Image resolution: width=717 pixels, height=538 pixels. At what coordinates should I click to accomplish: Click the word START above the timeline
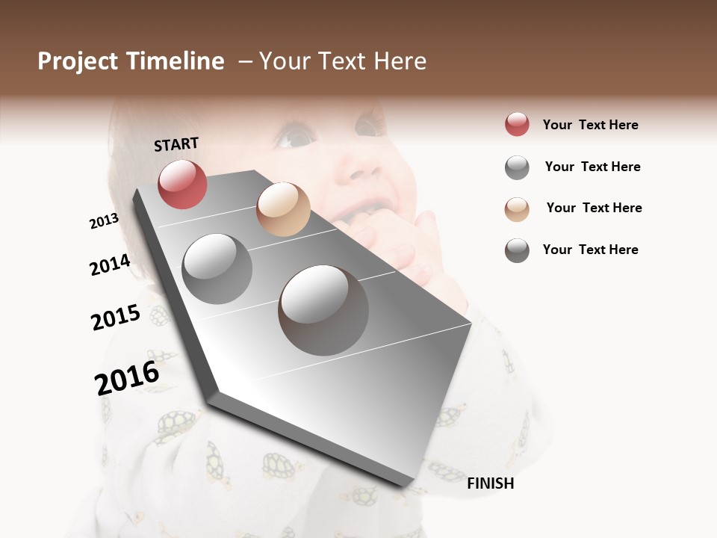tap(176, 144)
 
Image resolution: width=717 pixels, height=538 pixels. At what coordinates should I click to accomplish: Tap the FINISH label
tap(491, 483)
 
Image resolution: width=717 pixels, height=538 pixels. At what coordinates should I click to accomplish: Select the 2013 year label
tap(104, 221)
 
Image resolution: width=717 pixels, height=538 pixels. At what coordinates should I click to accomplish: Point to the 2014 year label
tap(110, 265)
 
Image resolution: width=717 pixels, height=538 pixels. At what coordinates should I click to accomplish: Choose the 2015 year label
tap(116, 318)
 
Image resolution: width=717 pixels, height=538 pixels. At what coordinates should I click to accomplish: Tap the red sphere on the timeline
tap(182, 184)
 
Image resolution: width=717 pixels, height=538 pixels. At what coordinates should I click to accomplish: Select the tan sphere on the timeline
tap(283, 209)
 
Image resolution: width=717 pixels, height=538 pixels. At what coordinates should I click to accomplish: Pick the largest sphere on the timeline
tap(323, 310)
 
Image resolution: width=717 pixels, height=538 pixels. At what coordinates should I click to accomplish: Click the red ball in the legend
tap(517, 125)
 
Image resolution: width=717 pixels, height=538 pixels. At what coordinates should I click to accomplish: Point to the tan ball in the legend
tap(517, 208)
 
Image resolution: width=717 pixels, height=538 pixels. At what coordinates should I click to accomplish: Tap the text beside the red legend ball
tap(590, 125)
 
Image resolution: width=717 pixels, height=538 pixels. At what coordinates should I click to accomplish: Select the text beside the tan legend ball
tap(594, 208)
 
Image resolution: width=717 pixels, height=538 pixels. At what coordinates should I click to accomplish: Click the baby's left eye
tap(295, 137)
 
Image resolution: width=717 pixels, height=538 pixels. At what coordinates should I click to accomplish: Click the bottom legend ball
tap(517, 250)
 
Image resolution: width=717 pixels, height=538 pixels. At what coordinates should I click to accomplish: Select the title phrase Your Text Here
tap(343, 61)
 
